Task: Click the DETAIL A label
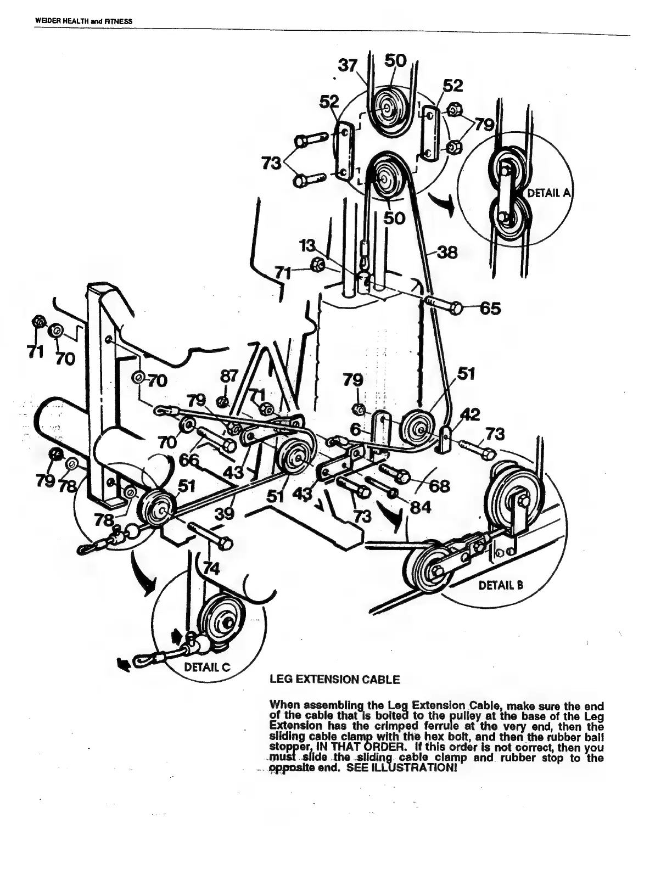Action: tap(549, 193)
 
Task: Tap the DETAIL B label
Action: tap(501, 585)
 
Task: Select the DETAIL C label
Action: tap(207, 668)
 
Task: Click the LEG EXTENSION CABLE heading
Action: tap(334, 680)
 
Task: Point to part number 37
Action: tap(347, 65)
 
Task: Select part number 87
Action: tap(228, 377)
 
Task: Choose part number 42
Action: tap(471, 414)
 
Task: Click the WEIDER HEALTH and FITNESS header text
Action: tap(84, 21)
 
